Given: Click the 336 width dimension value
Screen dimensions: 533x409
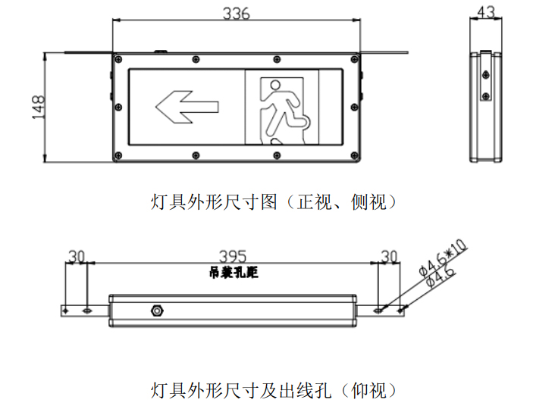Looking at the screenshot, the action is tap(237, 14).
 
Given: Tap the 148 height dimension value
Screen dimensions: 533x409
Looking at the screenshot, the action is tap(39, 107).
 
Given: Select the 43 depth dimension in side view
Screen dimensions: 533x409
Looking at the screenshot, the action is tap(486, 12).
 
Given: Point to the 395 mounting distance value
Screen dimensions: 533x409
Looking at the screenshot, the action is tap(233, 257).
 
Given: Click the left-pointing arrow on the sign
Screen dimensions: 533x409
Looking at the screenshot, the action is tap(187, 107).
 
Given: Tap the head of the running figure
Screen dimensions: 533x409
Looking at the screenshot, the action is tap(275, 84).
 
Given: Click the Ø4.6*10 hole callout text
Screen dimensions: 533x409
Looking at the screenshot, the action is tap(443, 258).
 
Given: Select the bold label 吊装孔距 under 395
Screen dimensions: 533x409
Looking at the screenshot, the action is tap(234, 272).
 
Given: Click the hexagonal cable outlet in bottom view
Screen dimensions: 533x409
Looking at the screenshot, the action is tap(157, 311).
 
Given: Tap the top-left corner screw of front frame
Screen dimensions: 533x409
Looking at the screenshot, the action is tap(118, 59).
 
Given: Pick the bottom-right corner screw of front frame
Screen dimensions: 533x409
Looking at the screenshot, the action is tap(355, 155).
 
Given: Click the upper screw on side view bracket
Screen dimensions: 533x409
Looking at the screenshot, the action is tap(486, 75).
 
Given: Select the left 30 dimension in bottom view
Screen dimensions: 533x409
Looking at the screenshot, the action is tap(77, 257).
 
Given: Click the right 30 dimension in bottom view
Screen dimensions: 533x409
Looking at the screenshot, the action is tap(389, 257).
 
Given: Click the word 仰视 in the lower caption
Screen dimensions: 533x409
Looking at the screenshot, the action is tap(368, 390).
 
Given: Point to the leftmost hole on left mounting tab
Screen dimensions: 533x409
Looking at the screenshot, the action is tap(66, 311).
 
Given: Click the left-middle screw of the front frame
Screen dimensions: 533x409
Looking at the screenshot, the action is tap(118, 108).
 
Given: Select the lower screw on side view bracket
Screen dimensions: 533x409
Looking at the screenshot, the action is tap(486, 96).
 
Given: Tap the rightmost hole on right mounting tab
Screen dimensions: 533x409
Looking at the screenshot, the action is tap(400, 311).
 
